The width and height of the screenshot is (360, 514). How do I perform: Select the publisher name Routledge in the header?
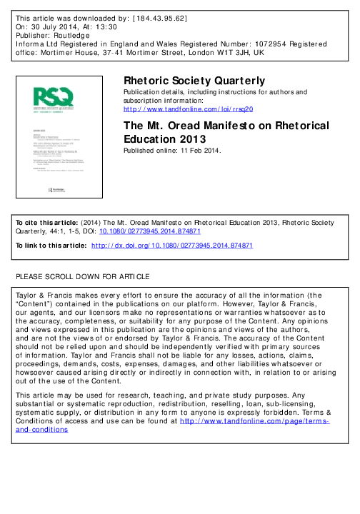pyautogui.click(x=71, y=34)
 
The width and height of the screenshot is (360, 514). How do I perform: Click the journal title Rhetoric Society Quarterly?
pyautogui.click(x=194, y=81)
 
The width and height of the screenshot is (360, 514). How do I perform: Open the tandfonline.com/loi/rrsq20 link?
pyautogui.click(x=189, y=109)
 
